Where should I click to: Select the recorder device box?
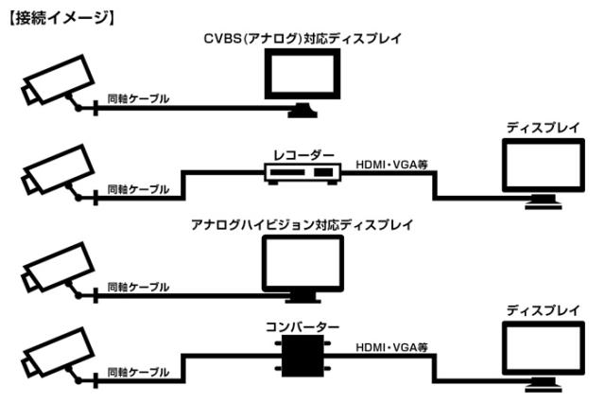tap(302, 173)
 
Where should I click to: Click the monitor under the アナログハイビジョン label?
tap(302, 262)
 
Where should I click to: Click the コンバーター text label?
tap(302, 327)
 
